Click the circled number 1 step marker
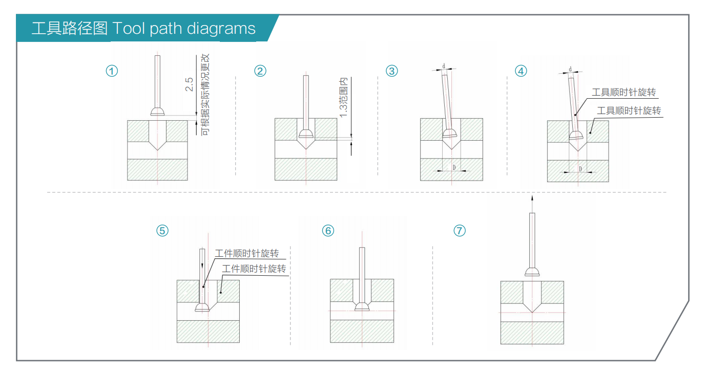112,71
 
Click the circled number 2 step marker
260,71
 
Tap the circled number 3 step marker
392,71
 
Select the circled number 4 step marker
521,71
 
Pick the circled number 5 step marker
162,231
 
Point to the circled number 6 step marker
328,231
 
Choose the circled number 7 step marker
460,231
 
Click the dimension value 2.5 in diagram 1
189,84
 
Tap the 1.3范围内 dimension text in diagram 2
344,97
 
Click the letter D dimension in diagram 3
453,167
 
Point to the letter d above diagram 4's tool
570,69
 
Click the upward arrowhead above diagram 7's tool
532,198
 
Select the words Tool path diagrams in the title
183,28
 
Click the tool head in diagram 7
532,272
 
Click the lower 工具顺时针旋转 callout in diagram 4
629,111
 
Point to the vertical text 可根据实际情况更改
205,95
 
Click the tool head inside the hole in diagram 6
362,306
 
